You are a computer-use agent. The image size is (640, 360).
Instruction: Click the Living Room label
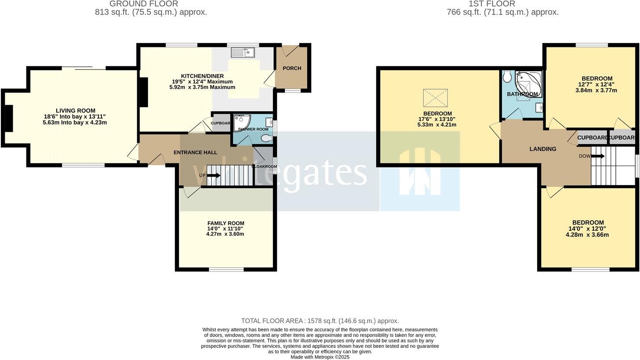click(75, 111)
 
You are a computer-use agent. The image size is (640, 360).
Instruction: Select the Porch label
click(292, 68)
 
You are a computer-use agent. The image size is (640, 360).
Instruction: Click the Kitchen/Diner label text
click(202, 76)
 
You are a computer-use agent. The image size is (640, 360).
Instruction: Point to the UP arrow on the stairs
click(213, 175)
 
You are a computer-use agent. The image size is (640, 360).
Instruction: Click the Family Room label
click(225, 223)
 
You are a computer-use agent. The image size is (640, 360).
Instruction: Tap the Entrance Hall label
click(195, 153)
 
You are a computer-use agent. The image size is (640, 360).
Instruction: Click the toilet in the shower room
click(266, 138)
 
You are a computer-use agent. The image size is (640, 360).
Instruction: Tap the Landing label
click(542, 149)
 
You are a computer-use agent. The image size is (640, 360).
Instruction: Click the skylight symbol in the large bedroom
click(435, 98)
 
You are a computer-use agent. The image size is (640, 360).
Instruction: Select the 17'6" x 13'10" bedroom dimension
click(437, 119)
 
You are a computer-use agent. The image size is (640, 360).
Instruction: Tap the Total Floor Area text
click(320, 321)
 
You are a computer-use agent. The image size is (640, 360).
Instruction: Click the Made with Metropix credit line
click(320, 357)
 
